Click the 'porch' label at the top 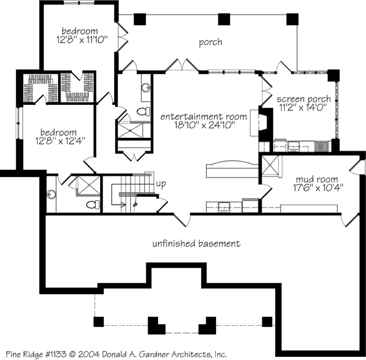coord(210,43)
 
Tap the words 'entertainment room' coord(203,116)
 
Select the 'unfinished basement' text coord(196,244)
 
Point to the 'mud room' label coord(317,179)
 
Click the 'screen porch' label coord(304,99)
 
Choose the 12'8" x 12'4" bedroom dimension coord(59,140)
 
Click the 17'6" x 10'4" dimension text coord(316,188)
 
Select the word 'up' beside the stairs coord(161,183)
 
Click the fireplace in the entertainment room coord(263,122)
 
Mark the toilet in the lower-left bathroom coord(91,204)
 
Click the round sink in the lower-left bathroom coord(51,195)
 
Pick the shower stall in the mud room coord(270,166)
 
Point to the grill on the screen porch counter coord(321,145)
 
